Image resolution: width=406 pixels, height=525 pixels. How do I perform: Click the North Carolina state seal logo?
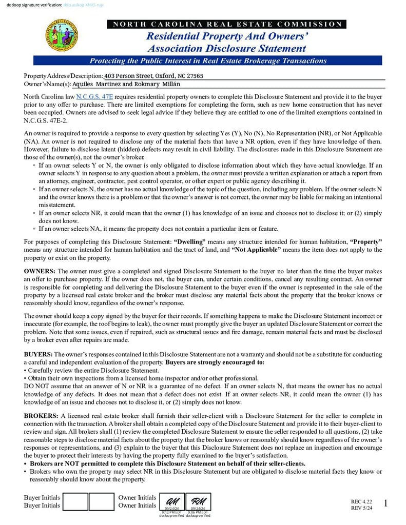(63, 35)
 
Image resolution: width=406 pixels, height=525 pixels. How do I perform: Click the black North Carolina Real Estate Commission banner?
(226, 24)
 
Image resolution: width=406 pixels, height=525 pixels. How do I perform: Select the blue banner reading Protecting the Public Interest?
(226, 60)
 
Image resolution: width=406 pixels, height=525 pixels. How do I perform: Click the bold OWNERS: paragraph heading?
(40, 270)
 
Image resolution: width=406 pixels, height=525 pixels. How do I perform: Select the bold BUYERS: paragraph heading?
(38, 354)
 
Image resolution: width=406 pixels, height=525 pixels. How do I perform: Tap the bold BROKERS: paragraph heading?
(42, 415)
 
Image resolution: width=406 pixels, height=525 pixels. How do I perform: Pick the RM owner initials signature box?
(198, 501)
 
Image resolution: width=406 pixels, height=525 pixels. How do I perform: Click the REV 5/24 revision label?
(361, 508)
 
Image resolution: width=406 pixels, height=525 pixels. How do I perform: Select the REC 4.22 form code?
(361, 501)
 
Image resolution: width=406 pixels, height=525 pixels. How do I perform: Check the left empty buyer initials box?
(76, 501)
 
